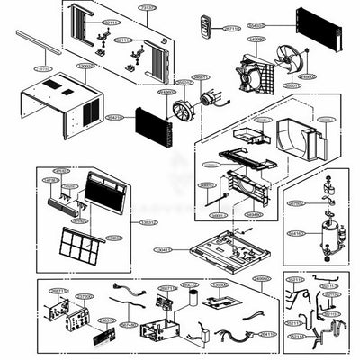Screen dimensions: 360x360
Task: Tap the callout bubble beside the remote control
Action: pyautogui.click(x=232, y=28)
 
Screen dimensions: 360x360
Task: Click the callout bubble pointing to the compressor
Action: pyautogui.click(x=295, y=232)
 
